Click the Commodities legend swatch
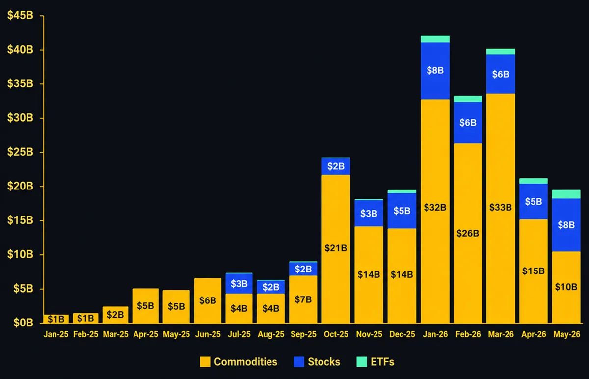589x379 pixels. click(x=205, y=362)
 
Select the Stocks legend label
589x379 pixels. click(x=324, y=362)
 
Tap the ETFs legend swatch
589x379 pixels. click(x=362, y=362)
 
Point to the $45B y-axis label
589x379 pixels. click(x=20, y=15)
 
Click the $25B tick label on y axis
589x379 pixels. click(x=20, y=152)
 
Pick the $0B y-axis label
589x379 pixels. click(x=24, y=323)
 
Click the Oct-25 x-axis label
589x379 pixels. click(x=336, y=334)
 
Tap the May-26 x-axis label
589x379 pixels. click(x=566, y=334)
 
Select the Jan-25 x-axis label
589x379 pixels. click(x=56, y=334)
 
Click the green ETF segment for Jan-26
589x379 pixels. click(x=435, y=39)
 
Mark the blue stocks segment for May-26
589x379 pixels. click(x=566, y=225)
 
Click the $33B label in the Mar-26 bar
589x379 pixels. click(x=501, y=208)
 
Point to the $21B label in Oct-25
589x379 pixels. click(x=336, y=248)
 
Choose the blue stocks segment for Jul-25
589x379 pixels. click(x=239, y=284)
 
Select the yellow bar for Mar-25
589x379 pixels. click(x=115, y=315)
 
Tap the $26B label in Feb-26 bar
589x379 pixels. click(x=468, y=233)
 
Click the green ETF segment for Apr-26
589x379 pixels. click(x=534, y=181)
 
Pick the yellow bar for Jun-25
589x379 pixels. click(x=208, y=300)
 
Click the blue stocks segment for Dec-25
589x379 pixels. click(x=402, y=211)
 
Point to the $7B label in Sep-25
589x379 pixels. click(x=303, y=299)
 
